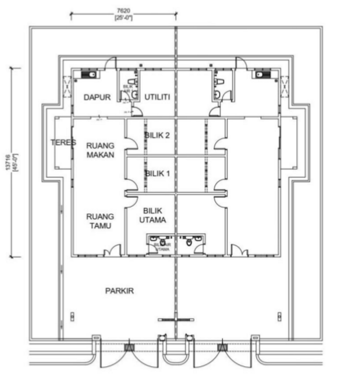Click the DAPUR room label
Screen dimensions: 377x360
(97, 98)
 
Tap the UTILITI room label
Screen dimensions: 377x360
(158, 98)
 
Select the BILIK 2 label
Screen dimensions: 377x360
(157, 136)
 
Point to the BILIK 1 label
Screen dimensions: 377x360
(157, 174)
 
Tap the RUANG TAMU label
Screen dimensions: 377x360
(100, 221)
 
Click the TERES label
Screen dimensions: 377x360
(62, 143)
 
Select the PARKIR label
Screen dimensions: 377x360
(119, 291)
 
